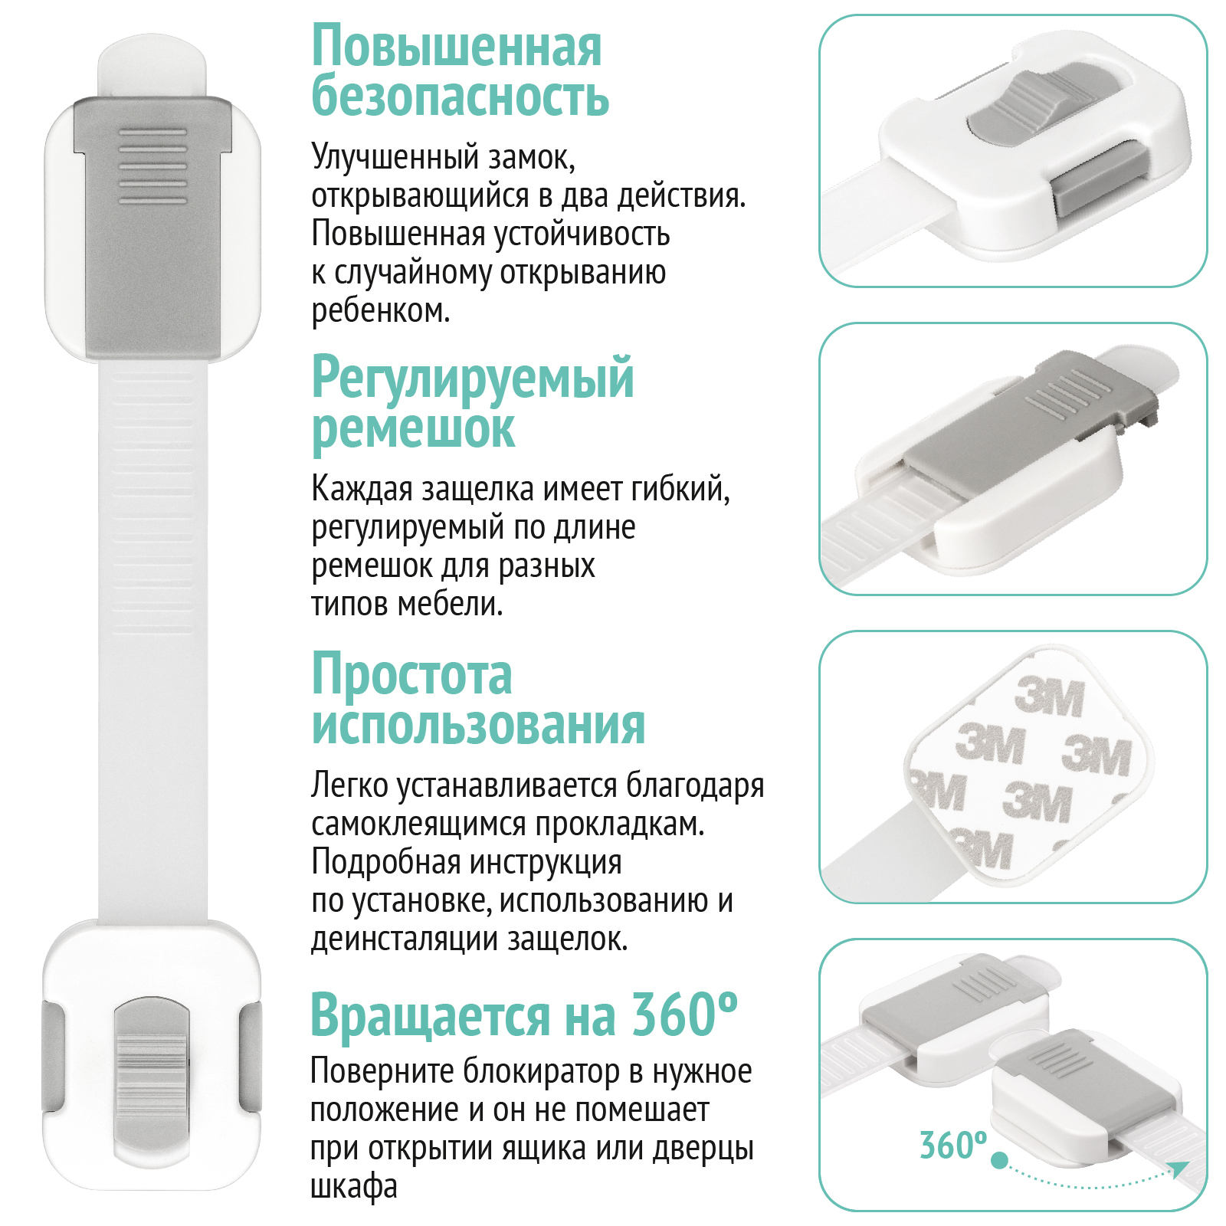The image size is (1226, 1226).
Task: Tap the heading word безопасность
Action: (461, 96)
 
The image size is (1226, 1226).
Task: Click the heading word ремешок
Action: (413, 430)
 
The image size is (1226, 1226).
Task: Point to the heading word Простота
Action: (412, 674)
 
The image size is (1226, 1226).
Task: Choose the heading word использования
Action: (479, 725)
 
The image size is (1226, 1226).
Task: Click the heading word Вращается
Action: (430, 1016)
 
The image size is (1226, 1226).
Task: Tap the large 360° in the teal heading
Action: (683, 1013)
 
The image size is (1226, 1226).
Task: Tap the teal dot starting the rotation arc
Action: (999, 1160)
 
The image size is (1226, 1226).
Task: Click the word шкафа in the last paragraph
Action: (354, 1186)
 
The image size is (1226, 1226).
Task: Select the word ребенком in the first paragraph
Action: (381, 310)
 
